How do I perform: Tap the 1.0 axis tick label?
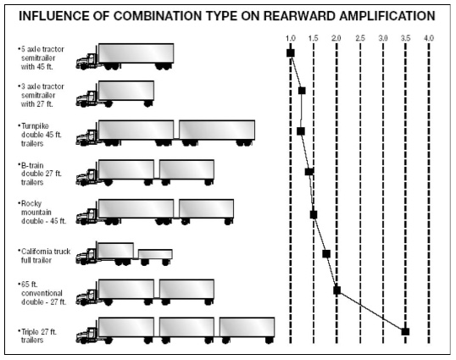290,38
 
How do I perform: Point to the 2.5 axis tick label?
360,38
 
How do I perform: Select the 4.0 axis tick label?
429,38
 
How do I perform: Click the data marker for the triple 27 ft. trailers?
405,331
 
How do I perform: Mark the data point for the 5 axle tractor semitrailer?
291,53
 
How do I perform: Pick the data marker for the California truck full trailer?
326,253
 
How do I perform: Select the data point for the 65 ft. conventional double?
336,290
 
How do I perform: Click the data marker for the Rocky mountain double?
314,214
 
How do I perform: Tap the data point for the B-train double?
309,172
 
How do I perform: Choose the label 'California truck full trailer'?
44,256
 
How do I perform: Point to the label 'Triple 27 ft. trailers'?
37,336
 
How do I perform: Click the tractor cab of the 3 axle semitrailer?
87,98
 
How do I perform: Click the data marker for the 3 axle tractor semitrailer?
302,91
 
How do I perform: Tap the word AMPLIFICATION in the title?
387,16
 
